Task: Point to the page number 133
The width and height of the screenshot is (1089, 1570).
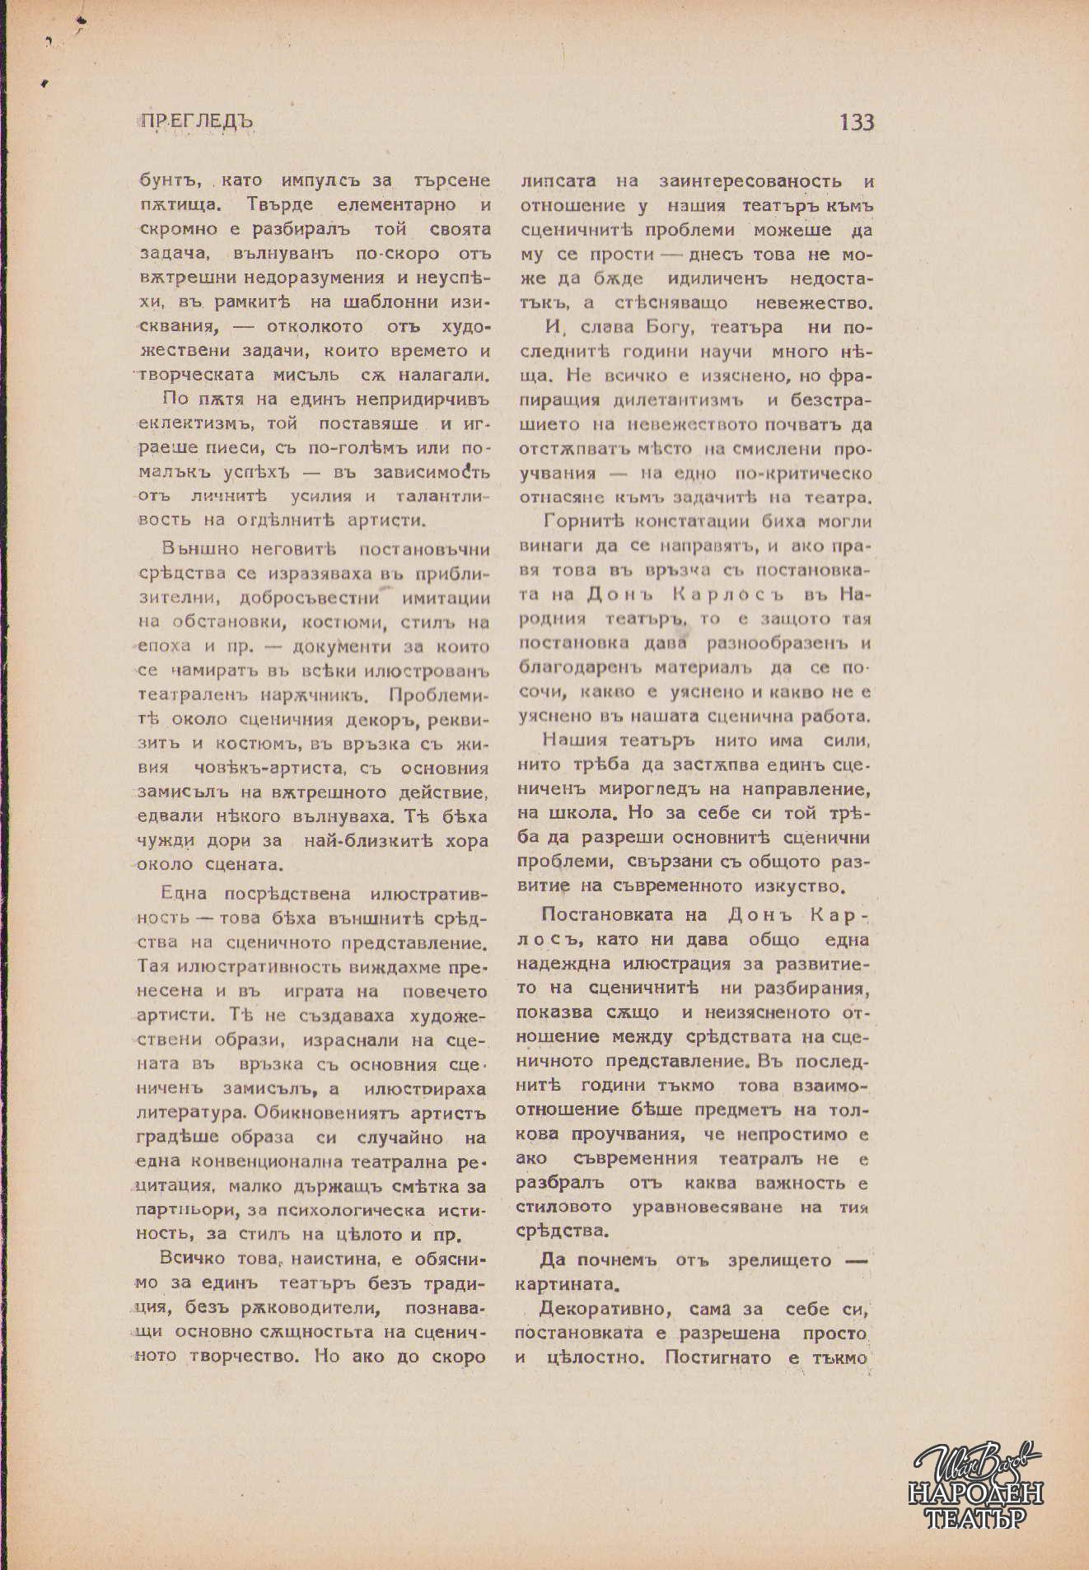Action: click(x=857, y=123)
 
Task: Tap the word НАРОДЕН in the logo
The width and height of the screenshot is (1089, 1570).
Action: click(x=975, y=1493)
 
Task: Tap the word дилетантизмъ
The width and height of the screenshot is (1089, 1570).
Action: click(x=678, y=401)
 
